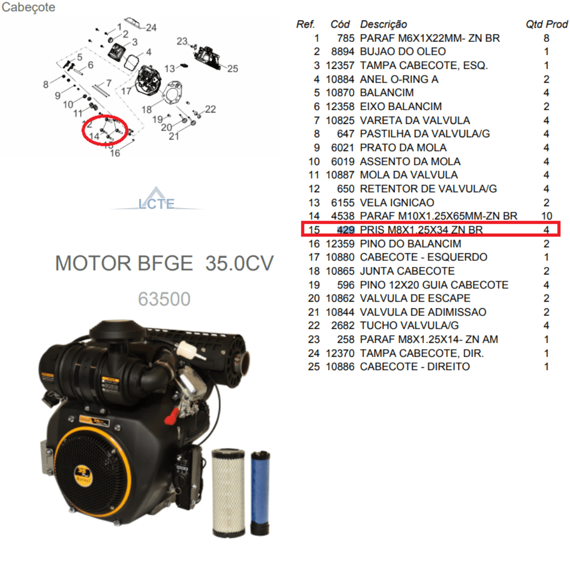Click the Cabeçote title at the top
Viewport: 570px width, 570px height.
(28, 7)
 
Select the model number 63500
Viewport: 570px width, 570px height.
(164, 299)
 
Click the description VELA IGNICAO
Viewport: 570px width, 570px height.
(397, 203)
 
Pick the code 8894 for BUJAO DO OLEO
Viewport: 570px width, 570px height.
(342, 51)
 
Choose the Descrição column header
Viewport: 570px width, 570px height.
(383, 24)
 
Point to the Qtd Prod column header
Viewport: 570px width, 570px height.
(547, 24)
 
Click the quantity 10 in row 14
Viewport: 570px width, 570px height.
(547, 216)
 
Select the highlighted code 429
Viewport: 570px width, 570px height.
(346, 230)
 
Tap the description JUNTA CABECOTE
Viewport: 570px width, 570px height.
(407, 271)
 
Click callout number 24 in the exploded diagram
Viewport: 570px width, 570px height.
(151, 28)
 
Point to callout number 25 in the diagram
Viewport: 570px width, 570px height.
(232, 68)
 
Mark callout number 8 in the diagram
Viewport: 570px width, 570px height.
(46, 85)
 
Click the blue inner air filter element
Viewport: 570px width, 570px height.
(260, 493)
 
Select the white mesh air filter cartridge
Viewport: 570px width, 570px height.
(228, 493)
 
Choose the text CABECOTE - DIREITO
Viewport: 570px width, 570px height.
(415, 367)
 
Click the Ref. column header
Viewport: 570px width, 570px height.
(305, 24)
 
